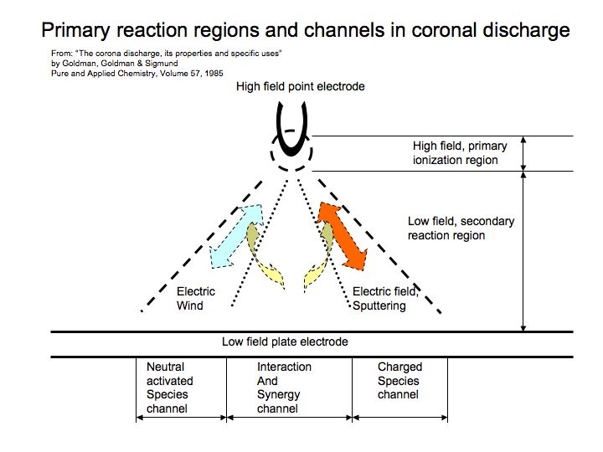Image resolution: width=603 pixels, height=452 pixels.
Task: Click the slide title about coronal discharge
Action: (x=306, y=31)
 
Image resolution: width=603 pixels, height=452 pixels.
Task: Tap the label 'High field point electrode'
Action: (x=301, y=86)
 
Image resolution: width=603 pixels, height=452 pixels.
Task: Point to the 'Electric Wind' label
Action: (x=196, y=299)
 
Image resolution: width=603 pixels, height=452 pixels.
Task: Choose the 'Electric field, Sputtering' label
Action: (x=384, y=299)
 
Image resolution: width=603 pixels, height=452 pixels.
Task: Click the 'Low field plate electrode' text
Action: (x=285, y=342)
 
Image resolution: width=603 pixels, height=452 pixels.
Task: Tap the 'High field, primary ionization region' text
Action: (x=456, y=153)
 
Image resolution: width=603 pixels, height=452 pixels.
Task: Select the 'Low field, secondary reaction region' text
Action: (x=461, y=229)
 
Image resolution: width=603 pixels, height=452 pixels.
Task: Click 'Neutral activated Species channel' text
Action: (x=170, y=388)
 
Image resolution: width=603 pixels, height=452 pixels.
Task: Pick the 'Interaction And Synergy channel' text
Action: (x=284, y=388)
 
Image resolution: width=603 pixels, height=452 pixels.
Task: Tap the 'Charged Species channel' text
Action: (x=400, y=380)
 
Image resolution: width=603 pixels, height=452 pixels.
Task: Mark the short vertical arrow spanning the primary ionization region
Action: (x=524, y=153)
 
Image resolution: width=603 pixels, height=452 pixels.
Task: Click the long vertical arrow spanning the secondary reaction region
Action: (x=524, y=251)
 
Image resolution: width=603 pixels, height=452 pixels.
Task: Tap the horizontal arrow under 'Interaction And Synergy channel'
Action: (x=289, y=417)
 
